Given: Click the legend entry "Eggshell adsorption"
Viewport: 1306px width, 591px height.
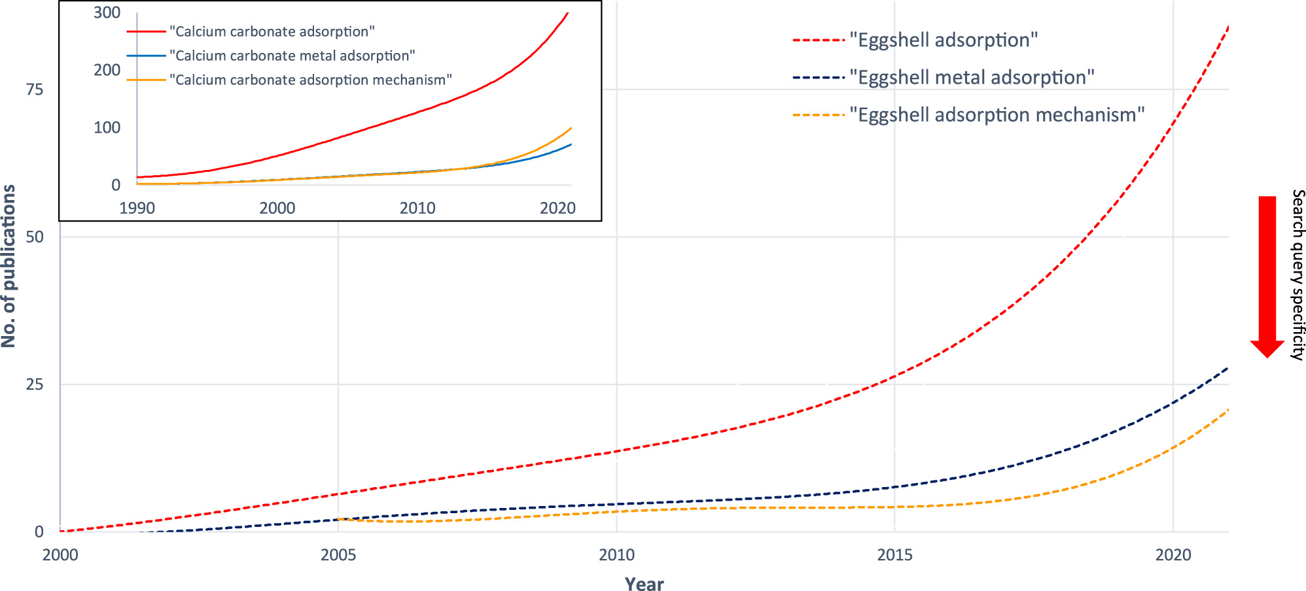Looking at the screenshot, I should (x=943, y=41).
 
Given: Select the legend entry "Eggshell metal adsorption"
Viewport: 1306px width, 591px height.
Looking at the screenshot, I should (x=972, y=78).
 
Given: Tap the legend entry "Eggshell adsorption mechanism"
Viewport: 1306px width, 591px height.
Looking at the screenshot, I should (x=997, y=115).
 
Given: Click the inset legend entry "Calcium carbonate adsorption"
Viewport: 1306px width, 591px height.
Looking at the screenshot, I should (x=272, y=31).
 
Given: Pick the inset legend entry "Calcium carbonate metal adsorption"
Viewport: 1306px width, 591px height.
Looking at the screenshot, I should (x=292, y=56).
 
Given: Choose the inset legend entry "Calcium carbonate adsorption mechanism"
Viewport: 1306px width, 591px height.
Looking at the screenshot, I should (x=310, y=80).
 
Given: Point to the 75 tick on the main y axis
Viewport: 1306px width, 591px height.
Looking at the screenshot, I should (x=35, y=90).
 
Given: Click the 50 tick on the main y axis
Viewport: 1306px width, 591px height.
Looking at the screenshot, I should (x=35, y=237).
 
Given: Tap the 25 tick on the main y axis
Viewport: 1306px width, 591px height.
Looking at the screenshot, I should (x=35, y=384).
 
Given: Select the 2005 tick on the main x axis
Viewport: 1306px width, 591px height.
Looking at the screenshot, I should (x=338, y=555).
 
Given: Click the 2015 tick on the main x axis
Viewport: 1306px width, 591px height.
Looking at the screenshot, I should (x=895, y=555).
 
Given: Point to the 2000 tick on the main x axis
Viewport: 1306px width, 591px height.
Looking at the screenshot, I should (x=60, y=555).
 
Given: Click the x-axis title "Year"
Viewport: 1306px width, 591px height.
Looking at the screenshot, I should (x=644, y=584).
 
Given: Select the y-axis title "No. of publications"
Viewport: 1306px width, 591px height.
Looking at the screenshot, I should (x=9, y=265).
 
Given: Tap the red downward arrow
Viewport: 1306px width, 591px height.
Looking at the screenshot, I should (x=1267, y=275).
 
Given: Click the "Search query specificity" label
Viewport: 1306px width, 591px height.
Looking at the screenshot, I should (x=1297, y=275).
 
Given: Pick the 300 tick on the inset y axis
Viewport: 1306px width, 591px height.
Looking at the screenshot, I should (x=107, y=12).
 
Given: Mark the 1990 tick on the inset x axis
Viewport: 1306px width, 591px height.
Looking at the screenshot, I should (x=137, y=208).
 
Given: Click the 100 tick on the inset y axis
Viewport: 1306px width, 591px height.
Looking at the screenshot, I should (x=107, y=127).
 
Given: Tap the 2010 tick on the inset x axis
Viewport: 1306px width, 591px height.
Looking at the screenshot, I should (x=417, y=208).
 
